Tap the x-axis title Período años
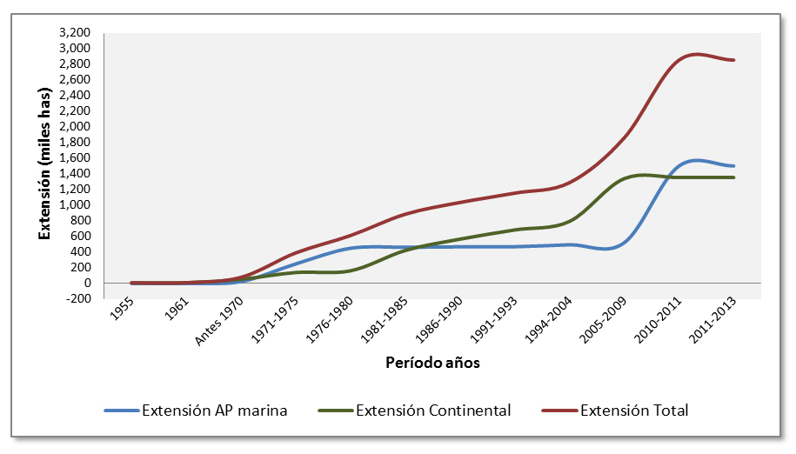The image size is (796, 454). pos(432,364)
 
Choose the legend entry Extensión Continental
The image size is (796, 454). pos(433,411)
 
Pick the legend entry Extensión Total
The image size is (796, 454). pos(634,411)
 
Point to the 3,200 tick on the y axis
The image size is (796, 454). pos(76,32)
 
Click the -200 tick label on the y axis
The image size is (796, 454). pos(79,299)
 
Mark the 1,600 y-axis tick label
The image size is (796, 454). pos(76,157)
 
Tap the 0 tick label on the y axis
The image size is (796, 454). pos(88,284)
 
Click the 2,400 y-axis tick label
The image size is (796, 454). pos(76,95)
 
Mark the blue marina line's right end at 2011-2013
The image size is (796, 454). pos(734,166)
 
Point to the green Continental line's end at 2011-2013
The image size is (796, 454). pos(734,177)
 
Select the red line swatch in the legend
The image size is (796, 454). pos(558,411)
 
